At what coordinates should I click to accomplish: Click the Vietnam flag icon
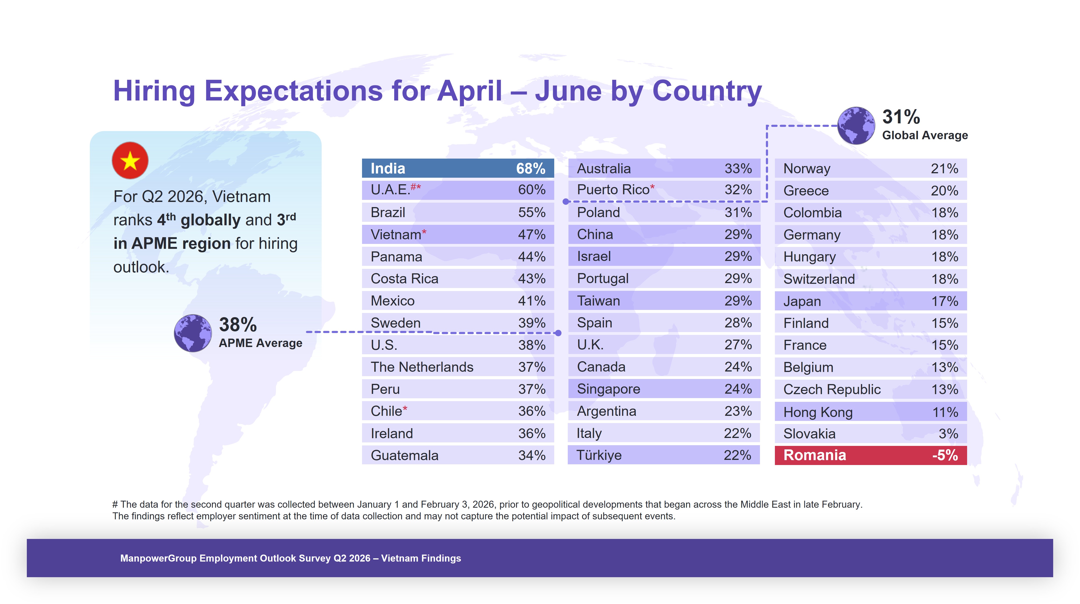[130, 160]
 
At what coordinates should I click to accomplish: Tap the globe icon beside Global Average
[856, 125]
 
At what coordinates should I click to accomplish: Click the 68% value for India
[530, 169]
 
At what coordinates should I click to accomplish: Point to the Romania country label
[815, 455]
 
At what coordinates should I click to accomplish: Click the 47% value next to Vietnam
[532, 235]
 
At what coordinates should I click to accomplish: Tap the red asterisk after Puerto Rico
[652, 187]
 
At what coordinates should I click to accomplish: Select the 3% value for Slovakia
[948, 434]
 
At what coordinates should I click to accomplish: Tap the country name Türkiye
[599, 455]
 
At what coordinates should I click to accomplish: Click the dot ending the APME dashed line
[558, 333]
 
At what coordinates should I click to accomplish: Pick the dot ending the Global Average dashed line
[566, 202]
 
